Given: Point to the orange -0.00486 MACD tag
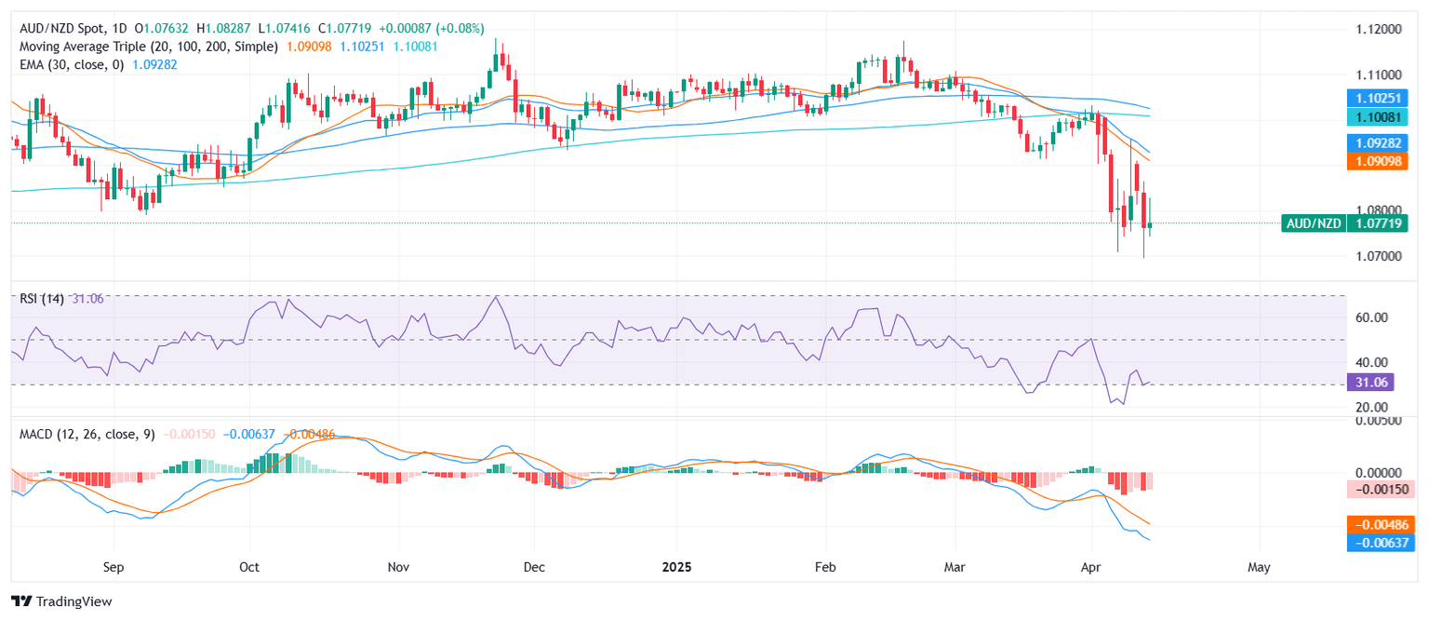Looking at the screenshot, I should (x=1381, y=524).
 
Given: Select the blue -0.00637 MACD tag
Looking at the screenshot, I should (x=1381, y=543).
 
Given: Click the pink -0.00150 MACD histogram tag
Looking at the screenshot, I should (x=1381, y=489).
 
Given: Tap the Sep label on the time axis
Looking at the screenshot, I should (x=114, y=566).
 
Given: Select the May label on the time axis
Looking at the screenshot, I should (x=1259, y=566).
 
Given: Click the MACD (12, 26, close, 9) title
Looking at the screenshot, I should (x=84, y=435).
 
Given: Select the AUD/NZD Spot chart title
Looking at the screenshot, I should (x=60, y=29).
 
